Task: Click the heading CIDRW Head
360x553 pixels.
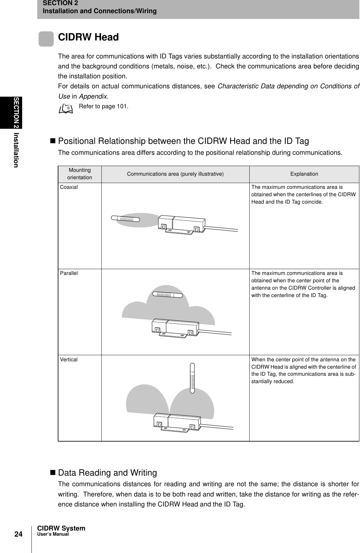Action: tap(88, 37)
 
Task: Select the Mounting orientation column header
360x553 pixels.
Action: tap(80, 174)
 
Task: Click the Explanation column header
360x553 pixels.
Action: tap(304, 174)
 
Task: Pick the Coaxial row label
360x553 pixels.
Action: tap(69, 187)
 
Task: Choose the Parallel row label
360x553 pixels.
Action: tap(69, 273)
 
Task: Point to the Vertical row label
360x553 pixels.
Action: tap(69, 360)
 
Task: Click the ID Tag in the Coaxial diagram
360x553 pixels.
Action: tap(125, 219)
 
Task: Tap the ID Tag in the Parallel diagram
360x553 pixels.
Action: tap(167, 294)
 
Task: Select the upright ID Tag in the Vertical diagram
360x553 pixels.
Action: tap(193, 378)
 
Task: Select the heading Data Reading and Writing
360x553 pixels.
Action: tap(107, 473)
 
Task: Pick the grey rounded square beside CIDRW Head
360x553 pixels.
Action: tap(46, 39)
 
